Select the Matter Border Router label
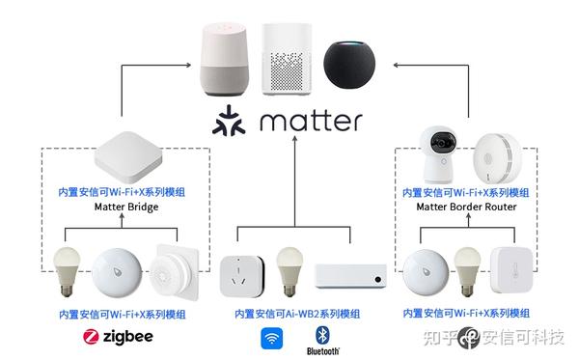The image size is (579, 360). pyautogui.click(x=466, y=208)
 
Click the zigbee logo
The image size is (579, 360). pyautogui.click(x=119, y=338)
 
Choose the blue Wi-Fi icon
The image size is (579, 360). pyautogui.click(x=270, y=338)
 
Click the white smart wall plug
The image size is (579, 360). pyautogui.click(x=240, y=274)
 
